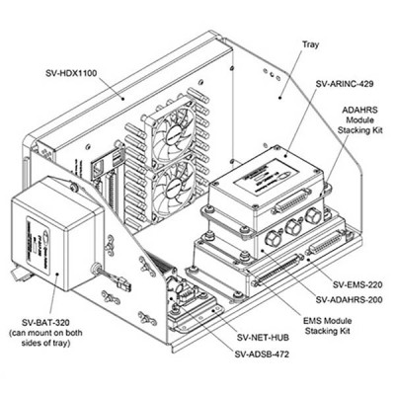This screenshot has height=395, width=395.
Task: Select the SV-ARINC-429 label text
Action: [348, 87]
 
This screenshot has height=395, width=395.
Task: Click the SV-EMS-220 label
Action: [358, 284]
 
